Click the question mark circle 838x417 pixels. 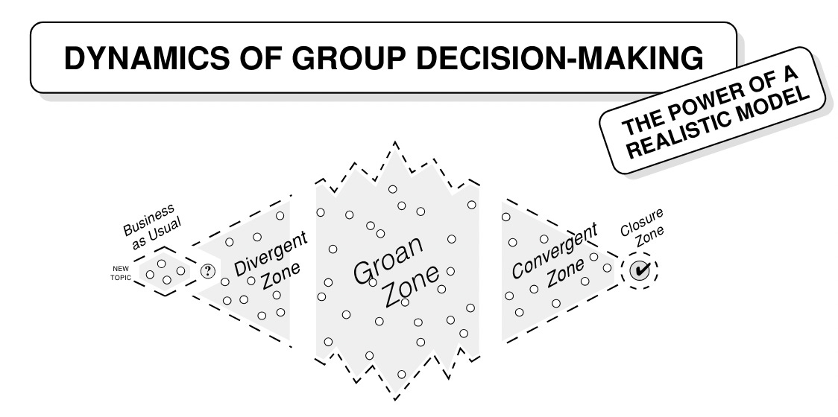[x=209, y=271]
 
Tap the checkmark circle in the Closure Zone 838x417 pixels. [x=639, y=272]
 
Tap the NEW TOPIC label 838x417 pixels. [x=121, y=270]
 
